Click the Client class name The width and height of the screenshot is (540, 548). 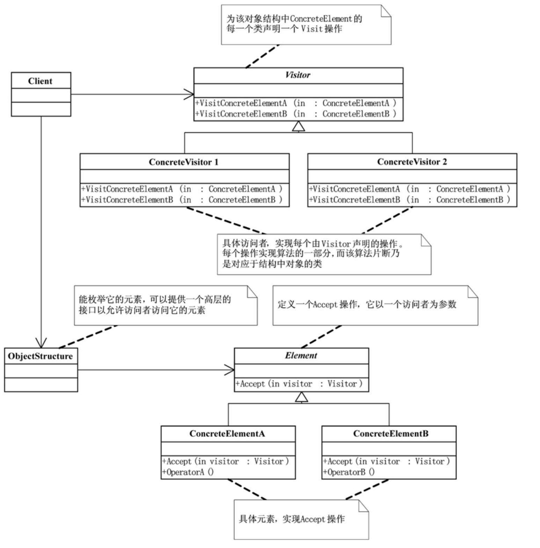point(40,81)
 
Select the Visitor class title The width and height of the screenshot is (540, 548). point(297,75)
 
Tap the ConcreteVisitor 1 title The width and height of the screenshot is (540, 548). point(183,162)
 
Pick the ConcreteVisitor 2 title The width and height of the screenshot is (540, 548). point(411,162)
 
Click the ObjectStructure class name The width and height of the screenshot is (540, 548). point(40,356)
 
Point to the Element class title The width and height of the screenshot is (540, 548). point(300,355)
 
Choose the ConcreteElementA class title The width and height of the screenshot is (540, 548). point(227,434)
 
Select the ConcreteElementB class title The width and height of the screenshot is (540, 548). point(390,434)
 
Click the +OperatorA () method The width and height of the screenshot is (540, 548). point(188,472)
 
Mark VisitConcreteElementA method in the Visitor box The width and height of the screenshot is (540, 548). point(295,103)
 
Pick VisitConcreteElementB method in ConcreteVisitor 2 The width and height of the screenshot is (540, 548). point(409,200)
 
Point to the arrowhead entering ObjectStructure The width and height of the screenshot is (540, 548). point(41,344)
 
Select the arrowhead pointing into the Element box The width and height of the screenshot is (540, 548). point(230,370)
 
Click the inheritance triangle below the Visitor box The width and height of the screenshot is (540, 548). point(298,127)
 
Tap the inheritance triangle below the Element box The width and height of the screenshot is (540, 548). point(301,397)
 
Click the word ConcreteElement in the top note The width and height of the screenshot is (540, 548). point(321,19)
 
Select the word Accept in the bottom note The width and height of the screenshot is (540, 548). point(312,519)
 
